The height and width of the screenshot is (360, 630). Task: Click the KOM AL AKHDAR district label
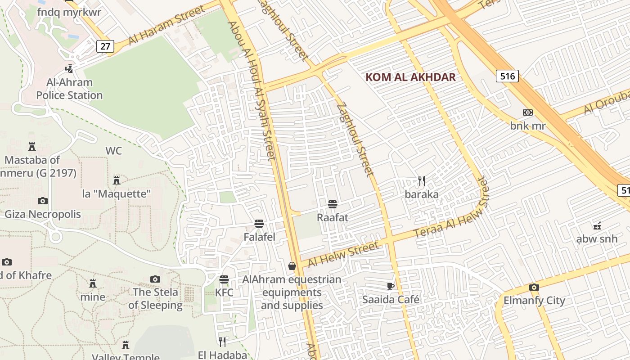[410, 77]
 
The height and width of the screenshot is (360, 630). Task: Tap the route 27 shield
[105, 46]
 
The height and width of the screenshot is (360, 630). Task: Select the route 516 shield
[507, 76]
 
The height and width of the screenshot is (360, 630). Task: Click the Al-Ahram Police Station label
[69, 89]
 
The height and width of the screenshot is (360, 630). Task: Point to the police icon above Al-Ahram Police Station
[69, 68]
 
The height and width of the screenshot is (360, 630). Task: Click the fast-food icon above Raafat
[333, 204]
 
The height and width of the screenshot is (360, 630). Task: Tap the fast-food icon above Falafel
[259, 224]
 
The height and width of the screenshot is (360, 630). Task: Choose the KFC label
[224, 292]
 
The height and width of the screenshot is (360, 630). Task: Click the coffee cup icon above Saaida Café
[391, 286]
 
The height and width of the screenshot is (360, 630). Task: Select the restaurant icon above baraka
[422, 181]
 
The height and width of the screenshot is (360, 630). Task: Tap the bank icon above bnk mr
[527, 112]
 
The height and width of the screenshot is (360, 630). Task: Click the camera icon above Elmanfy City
[534, 287]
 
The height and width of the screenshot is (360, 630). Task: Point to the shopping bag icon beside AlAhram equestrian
[292, 266]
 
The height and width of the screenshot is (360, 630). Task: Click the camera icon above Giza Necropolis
[43, 201]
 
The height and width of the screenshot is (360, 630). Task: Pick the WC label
[113, 151]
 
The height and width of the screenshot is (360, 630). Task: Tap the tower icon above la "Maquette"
[117, 180]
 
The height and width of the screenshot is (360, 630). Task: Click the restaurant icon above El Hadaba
[222, 342]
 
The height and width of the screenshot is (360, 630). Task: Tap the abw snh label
[597, 238]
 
